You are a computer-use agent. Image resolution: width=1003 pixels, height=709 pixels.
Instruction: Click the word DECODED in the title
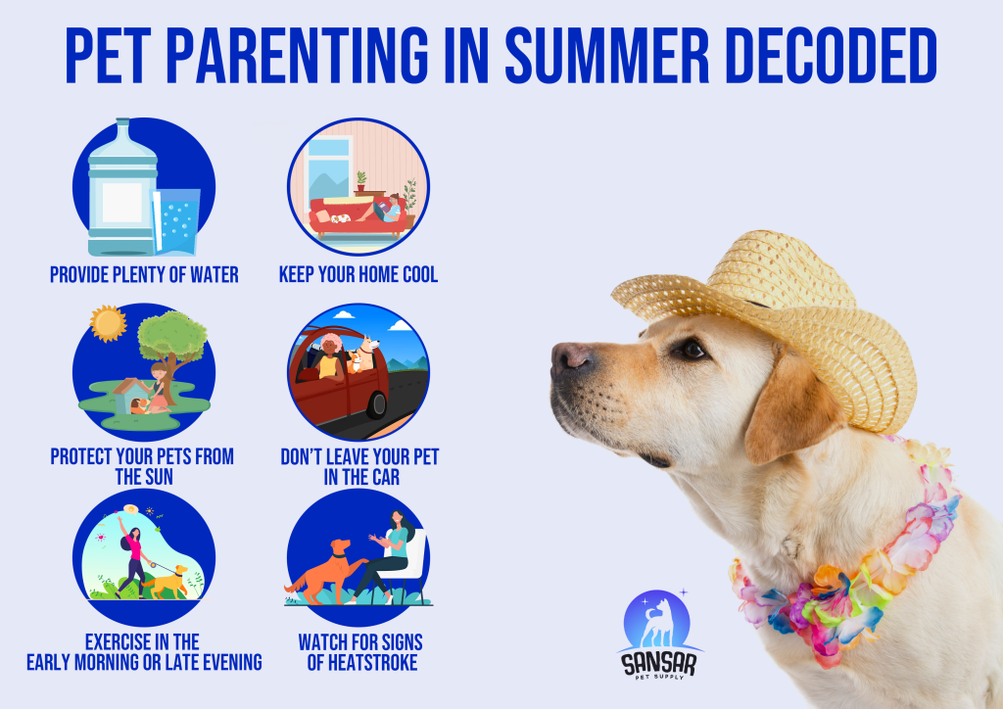click(832, 56)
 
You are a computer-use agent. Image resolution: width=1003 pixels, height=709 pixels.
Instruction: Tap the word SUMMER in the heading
click(606, 56)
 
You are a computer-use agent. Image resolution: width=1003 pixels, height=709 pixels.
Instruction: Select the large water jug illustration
click(122, 187)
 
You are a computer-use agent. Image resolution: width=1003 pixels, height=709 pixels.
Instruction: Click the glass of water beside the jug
click(176, 221)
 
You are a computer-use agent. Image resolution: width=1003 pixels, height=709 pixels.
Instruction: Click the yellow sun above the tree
click(108, 323)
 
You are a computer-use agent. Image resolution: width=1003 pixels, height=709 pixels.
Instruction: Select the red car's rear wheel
click(376, 404)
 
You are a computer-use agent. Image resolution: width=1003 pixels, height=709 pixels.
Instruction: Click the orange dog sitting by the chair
click(325, 572)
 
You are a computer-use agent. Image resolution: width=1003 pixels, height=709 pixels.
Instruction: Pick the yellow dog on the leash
click(167, 582)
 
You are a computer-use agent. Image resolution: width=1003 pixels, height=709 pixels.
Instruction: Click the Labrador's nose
click(569, 356)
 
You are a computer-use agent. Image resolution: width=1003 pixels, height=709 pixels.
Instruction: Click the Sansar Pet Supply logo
click(658, 634)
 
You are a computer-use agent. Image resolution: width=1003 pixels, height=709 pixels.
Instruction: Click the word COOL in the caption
click(420, 275)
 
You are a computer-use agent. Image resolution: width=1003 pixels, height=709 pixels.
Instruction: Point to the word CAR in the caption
click(386, 478)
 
